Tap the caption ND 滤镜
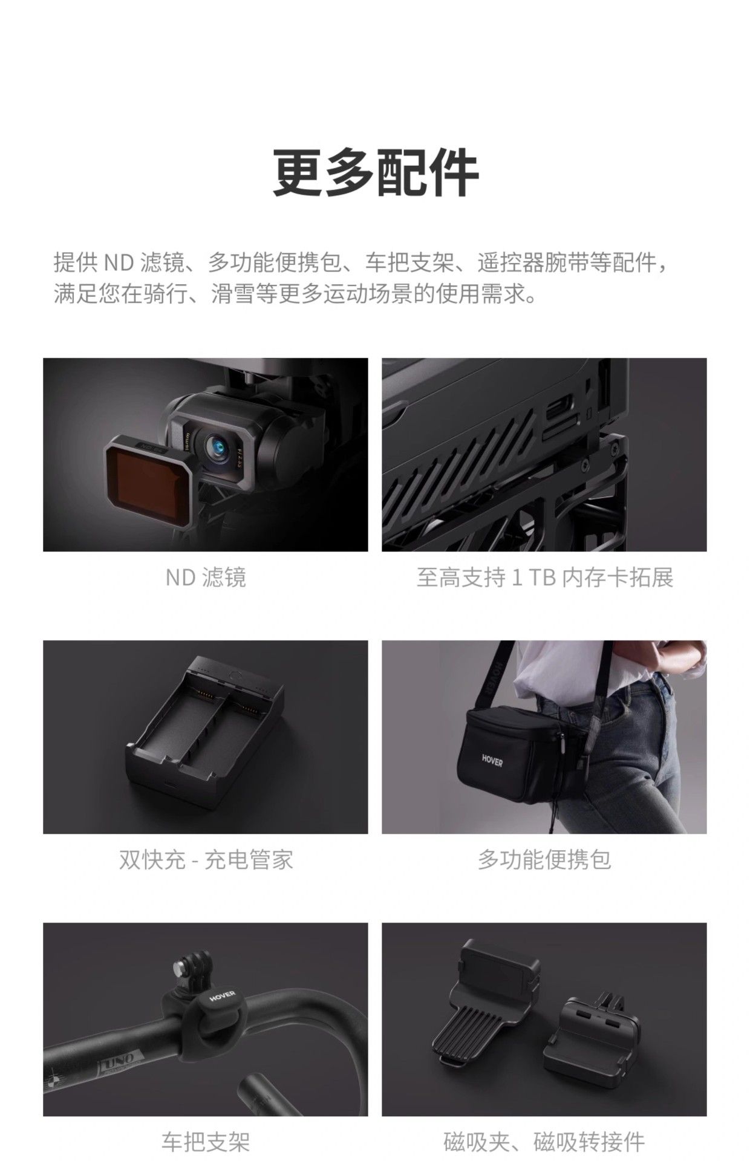pos(206,577)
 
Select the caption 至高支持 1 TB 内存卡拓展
pos(544,577)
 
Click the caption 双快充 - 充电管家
pos(206,859)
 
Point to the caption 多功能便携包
pos(544,859)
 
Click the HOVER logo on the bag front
pos(492,760)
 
